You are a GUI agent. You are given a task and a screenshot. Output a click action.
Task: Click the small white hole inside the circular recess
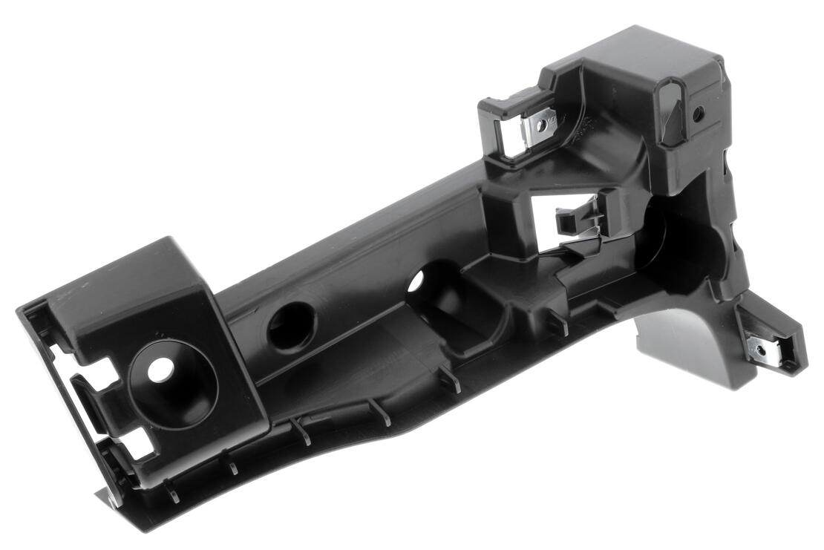point(160,369)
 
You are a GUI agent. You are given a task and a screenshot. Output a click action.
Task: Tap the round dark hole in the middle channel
point(291,327)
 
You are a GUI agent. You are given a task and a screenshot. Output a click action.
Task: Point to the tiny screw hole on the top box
point(698,114)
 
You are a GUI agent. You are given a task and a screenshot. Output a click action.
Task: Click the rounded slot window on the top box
point(670,111)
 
